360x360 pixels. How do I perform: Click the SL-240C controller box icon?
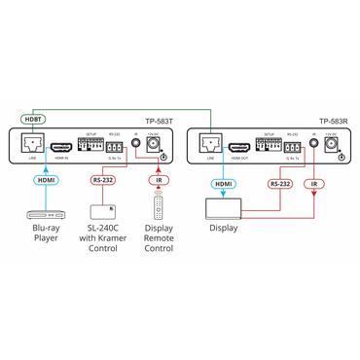(x=104, y=212)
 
